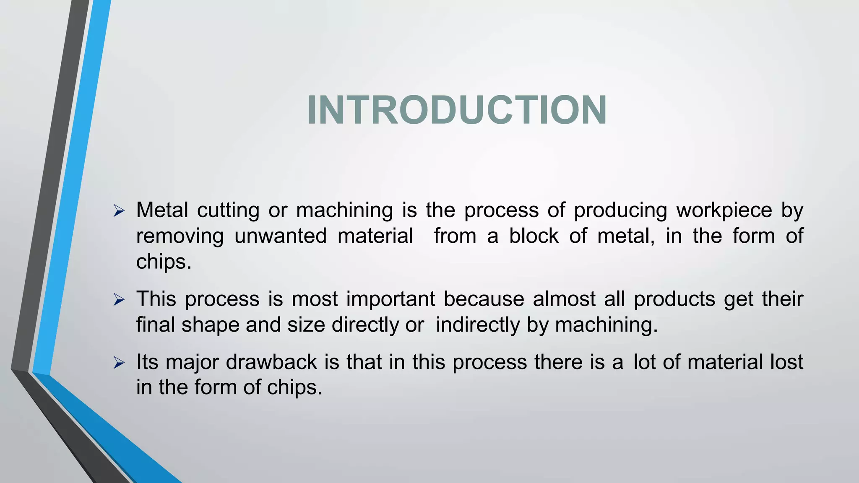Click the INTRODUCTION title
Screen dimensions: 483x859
pos(457,110)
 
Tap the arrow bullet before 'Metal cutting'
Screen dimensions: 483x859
pos(119,211)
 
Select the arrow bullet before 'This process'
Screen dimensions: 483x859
pos(119,300)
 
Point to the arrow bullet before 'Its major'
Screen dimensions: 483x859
pos(119,363)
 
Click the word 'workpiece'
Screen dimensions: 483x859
pos(724,210)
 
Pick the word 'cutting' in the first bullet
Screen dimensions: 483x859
pos(228,210)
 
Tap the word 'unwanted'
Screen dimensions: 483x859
pos(280,236)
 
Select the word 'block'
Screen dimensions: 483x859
pos(534,236)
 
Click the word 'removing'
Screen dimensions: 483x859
pos(180,236)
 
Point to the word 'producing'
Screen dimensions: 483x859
pos(620,210)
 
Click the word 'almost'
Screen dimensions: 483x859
pos(564,299)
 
